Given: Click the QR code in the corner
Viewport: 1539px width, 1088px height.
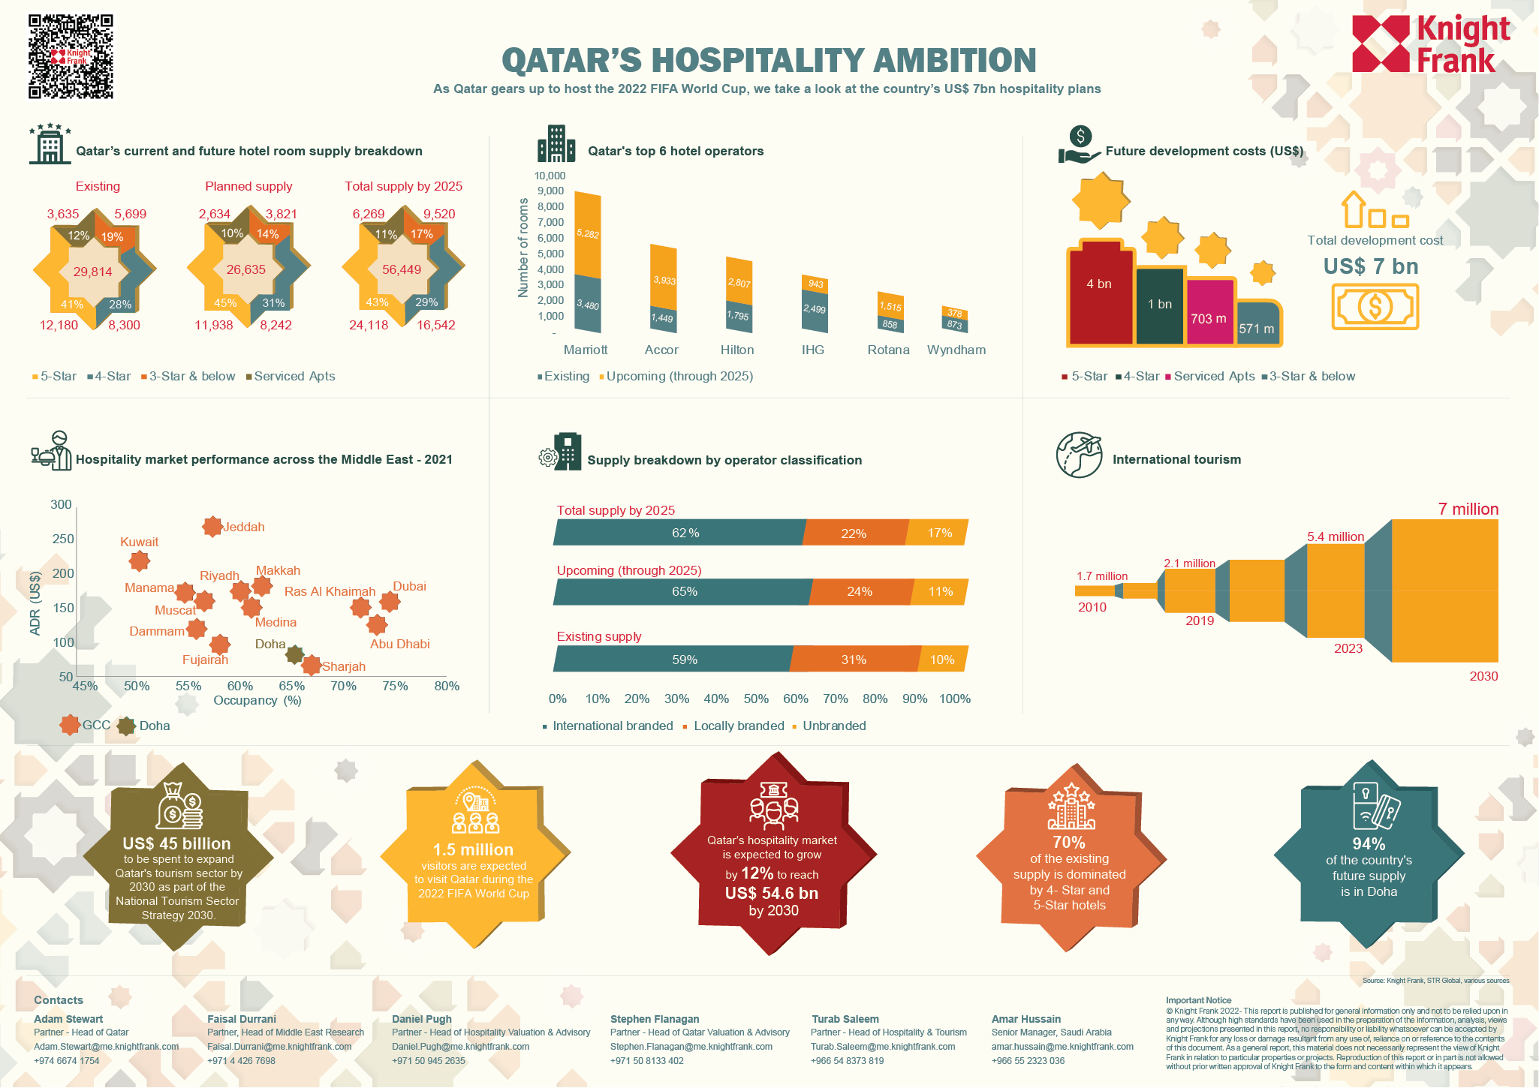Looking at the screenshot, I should tap(71, 56).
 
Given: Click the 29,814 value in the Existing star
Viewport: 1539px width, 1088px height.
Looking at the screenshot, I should tap(92, 272).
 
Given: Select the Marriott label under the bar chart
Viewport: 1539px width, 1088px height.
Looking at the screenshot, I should tap(586, 350).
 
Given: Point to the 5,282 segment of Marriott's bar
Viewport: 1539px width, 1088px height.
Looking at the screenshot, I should tap(587, 234).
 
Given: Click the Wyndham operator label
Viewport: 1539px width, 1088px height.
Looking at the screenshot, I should tap(956, 350).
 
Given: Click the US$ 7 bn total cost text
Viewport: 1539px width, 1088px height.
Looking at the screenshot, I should tap(1370, 266).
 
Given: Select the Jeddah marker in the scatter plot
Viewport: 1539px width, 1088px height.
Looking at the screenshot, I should tap(212, 526).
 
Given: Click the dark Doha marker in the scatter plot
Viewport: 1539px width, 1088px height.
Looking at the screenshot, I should tap(294, 654).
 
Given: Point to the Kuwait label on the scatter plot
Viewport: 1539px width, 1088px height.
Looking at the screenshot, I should tap(139, 542).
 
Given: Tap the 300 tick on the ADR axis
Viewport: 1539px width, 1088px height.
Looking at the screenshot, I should tap(61, 504).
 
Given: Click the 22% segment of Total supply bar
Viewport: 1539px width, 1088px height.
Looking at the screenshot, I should tap(854, 533).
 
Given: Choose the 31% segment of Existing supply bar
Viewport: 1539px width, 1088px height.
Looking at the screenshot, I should tap(854, 660).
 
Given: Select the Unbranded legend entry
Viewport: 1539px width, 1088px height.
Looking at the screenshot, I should tap(833, 726).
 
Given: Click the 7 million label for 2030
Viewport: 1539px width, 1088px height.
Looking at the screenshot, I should tap(1468, 509).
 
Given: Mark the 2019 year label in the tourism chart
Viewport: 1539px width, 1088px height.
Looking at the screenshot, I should tap(1199, 621).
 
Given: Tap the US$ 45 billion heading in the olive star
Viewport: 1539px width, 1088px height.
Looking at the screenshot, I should tap(176, 843).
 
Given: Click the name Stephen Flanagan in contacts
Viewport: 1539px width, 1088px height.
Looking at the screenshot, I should tap(654, 1019).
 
